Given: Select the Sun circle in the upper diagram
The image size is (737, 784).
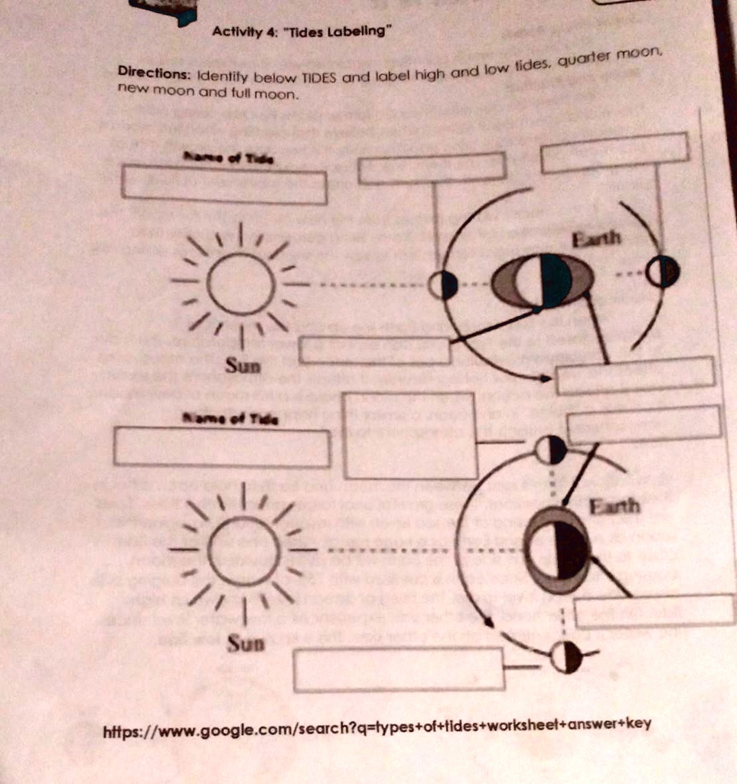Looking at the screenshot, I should tap(240, 283).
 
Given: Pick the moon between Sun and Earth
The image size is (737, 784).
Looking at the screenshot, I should tap(442, 285).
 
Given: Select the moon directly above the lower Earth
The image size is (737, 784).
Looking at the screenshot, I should tap(550, 450).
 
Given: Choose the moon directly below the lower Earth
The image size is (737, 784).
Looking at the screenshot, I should tap(566, 657).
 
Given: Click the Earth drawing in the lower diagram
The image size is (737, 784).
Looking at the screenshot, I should tap(559, 542).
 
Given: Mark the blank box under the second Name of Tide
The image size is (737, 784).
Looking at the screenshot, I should tap(222, 448).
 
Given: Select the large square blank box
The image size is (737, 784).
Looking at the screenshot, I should tap(410, 435).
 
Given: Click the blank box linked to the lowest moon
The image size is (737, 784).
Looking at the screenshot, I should tap(398, 669).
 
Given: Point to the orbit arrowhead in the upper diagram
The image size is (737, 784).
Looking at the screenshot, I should tap(544, 377).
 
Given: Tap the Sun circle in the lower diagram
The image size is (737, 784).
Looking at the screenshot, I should tap(243, 550).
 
